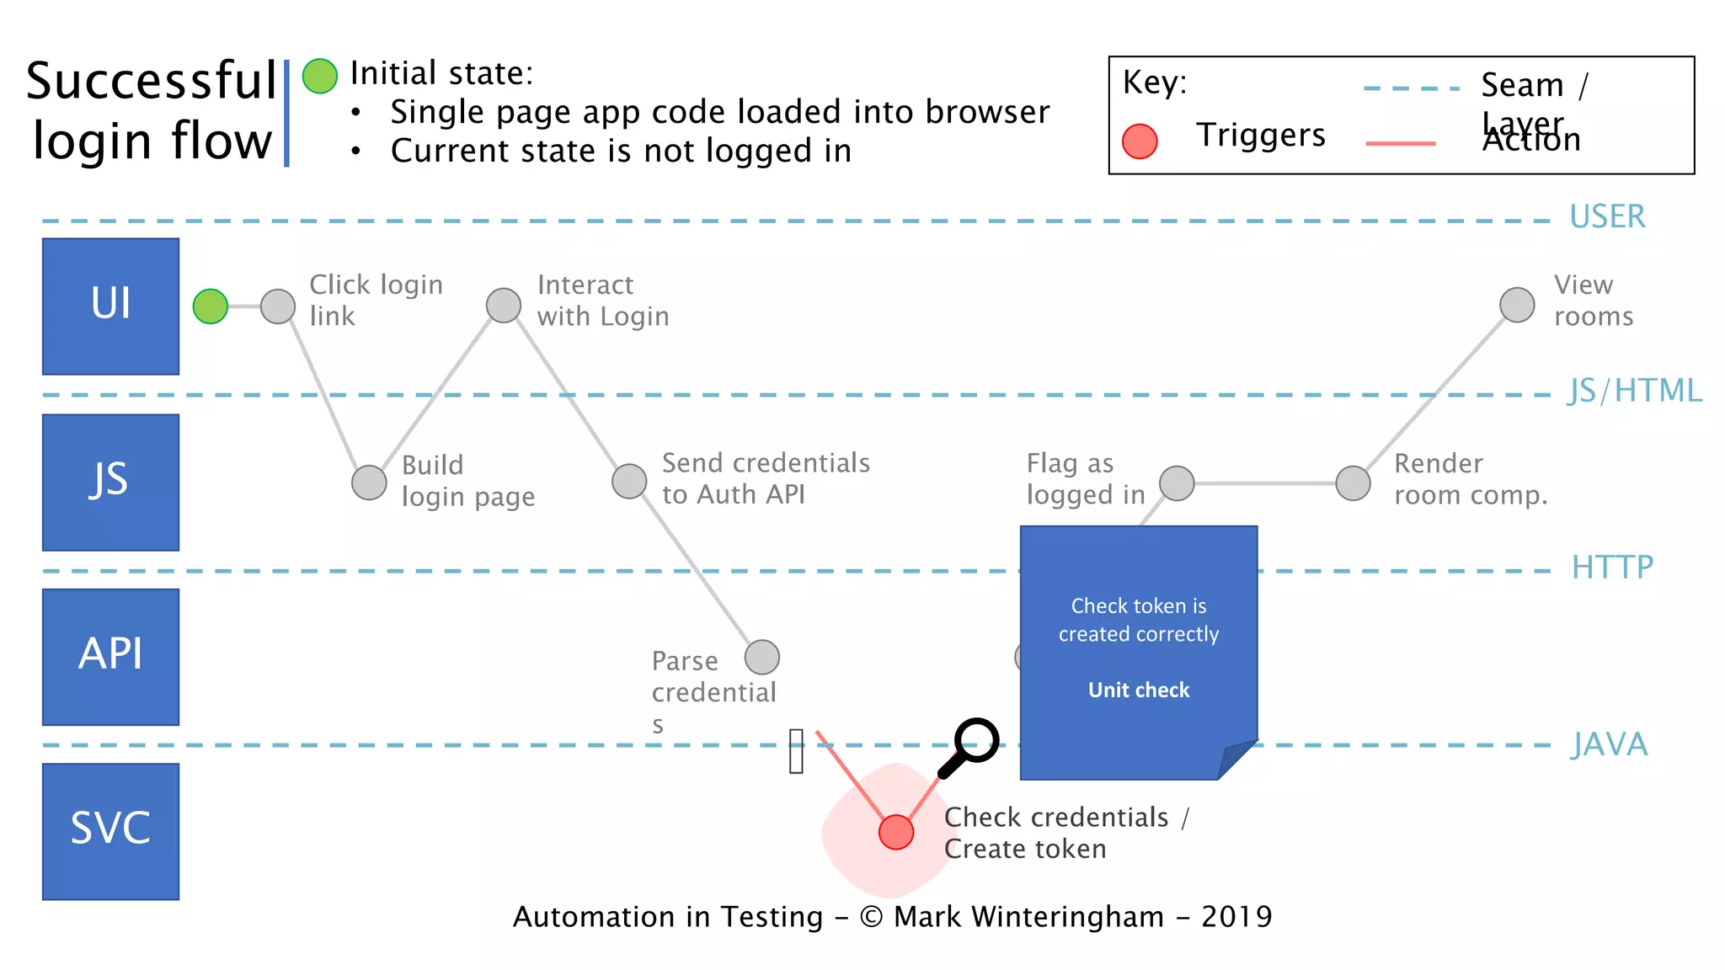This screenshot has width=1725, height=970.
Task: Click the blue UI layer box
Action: tap(110, 306)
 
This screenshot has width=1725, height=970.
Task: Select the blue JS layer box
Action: tap(110, 482)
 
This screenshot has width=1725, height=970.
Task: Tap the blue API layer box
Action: tap(110, 656)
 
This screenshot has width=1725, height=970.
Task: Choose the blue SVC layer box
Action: tap(110, 831)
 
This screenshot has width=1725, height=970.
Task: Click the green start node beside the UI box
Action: tap(211, 306)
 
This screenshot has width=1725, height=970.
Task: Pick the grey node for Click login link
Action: tap(278, 306)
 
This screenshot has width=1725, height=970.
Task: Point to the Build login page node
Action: tap(369, 482)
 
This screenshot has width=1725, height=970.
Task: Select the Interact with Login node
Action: tap(504, 305)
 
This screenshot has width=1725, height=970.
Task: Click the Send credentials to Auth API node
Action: tap(629, 482)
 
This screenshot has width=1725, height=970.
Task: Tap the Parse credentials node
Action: tap(762, 657)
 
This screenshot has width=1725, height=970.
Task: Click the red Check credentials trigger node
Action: tap(896, 832)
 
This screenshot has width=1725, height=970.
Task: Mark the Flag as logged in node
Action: tap(1177, 483)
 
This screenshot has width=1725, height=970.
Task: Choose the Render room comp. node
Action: tap(1354, 483)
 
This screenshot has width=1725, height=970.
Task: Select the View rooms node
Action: tap(1517, 305)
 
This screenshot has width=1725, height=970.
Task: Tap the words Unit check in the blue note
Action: tap(1139, 690)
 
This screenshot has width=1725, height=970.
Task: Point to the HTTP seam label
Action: tap(1612, 568)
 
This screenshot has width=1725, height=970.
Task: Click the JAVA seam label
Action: tap(1609, 744)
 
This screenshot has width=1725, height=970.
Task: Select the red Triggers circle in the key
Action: tap(1140, 141)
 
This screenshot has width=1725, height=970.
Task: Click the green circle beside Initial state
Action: tap(320, 76)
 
